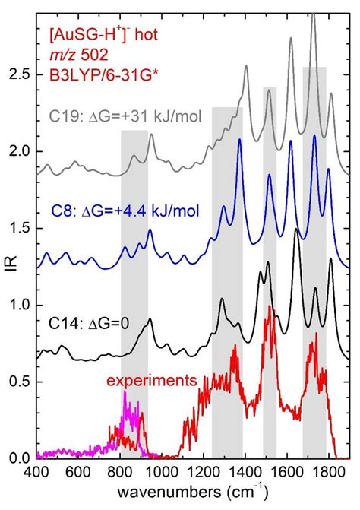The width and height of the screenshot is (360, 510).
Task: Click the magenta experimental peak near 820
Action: [125, 394]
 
